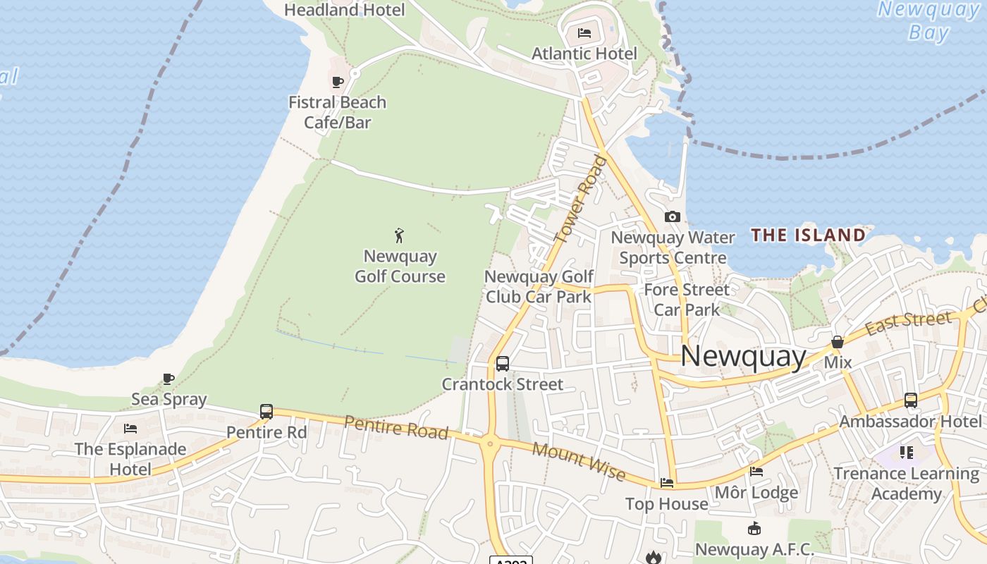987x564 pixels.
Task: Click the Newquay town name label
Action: [743, 357]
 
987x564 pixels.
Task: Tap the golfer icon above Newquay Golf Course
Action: [400, 235]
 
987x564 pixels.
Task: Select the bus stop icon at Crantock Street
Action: [502, 364]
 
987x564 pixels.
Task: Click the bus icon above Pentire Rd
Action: [266, 411]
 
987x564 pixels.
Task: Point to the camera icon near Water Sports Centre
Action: [672, 217]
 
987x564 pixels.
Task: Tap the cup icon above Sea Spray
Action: [168, 379]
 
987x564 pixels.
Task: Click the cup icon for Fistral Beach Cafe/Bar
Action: [338, 82]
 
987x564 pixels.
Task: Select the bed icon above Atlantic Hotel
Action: [584, 32]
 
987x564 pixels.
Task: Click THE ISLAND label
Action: [808, 235]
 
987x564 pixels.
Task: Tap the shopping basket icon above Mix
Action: [838, 343]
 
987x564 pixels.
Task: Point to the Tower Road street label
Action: [582, 200]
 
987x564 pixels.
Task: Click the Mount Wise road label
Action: [579, 461]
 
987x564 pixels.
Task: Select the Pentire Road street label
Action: [396, 427]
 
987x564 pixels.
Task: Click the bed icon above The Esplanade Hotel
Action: [130, 429]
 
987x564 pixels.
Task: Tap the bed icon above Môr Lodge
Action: [756, 472]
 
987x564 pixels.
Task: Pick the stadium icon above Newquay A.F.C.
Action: [754, 529]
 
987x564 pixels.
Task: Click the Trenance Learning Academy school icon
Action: [906, 452]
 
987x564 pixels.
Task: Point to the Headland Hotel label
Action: [344, 10]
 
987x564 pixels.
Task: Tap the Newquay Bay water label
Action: [924, 21]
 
